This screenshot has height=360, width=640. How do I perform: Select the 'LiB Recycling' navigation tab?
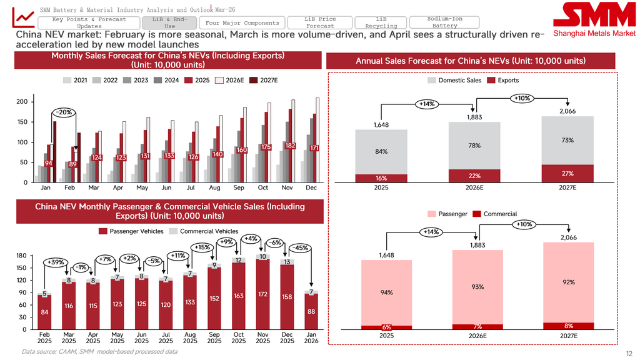coord(381,22)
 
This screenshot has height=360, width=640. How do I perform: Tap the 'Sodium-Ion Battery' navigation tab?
coord(444,22)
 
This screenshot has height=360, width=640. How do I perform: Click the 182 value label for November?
coord(290,146)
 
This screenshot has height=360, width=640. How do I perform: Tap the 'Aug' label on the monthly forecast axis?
coord(214,188)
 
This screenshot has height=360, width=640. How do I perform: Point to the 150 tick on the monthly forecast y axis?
coord(21,122)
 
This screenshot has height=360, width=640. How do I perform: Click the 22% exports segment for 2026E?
coord(474,176)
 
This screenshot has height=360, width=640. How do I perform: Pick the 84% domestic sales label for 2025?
coord(381,151)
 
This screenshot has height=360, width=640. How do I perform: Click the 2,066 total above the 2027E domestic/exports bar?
coord(567,111)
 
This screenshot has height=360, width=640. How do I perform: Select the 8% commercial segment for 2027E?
coord(568,326)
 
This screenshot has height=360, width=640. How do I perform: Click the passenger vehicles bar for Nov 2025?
coord(263,294)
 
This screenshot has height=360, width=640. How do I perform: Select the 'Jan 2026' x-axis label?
coord(311,338)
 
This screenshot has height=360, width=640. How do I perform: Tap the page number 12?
coord(629,354)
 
